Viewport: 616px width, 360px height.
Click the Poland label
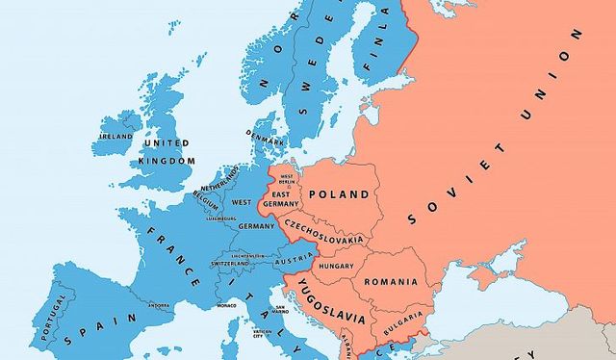coord(338,194)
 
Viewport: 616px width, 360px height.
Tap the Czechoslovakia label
coord(324,237)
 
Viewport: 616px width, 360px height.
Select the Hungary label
coord(337,266)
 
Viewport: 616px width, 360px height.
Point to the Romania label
coord(390,282)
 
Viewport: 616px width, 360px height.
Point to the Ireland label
coord(116,137)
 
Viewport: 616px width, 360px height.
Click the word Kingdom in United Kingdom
coord(167,160)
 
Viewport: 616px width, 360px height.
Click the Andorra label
coord(159,307)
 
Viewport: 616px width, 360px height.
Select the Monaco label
coord(226,305)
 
